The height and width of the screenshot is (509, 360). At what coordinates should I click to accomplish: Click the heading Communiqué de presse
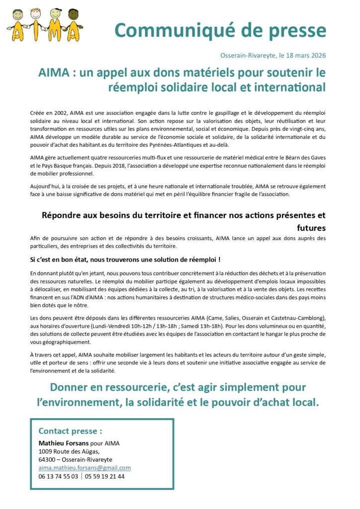[x=220, y=30]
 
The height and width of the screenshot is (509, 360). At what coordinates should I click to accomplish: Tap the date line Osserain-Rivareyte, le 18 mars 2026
[x=273, y=55]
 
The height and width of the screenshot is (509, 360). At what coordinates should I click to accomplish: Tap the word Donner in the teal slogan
[x=74, y=387]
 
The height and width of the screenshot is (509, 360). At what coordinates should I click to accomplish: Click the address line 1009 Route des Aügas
[x=69, y=451]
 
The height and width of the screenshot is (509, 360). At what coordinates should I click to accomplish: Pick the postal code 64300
[x=47, y=460]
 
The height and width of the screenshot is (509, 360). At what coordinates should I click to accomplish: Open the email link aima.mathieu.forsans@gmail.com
[x=85, y=468]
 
